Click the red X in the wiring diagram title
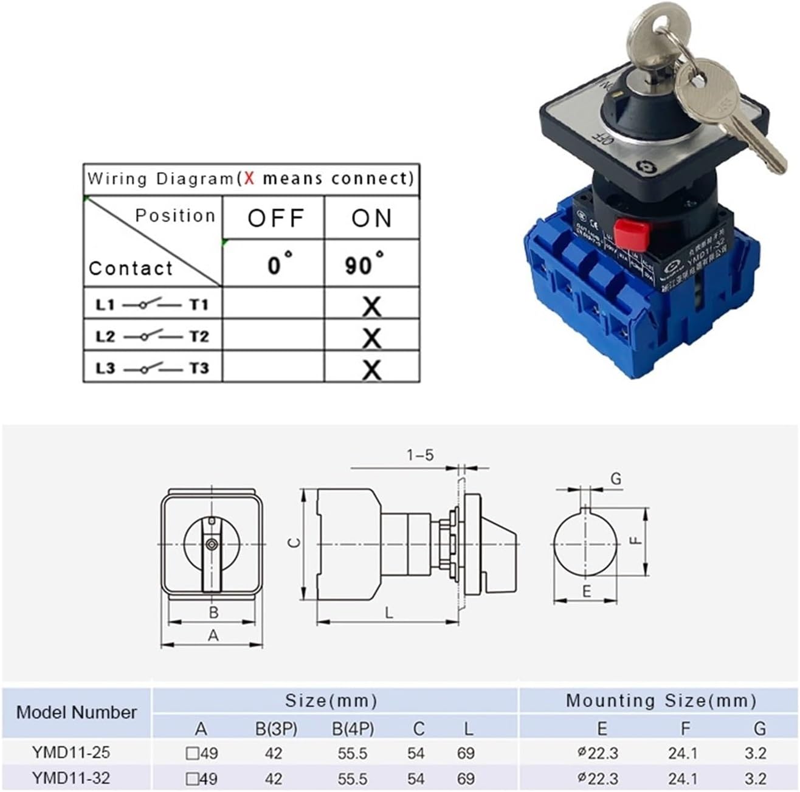pyautogui.click(x=249, y=179)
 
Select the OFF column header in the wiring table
pyautogui.click(x=275, y=218)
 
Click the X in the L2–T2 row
pyautogui.click(x=371, y=338)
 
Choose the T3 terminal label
pyautogui.click(x=198, y=368)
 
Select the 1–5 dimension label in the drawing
pyautogui.click(x=421, y=455)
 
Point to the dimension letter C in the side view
pyautogui.click(x=294, y=542)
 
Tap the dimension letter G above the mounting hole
pyautogui.click(x=616, y=479)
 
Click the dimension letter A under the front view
pyautogui.click(x=213, y=636)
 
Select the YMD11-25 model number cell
pyautogui.click(x=71, y=752)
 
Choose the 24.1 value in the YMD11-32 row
pyautogui.click(x=683, y=779)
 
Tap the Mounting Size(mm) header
pyautogui.click(x=661, y=701)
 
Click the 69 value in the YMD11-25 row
pyautogui.click(x=466, y=753)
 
